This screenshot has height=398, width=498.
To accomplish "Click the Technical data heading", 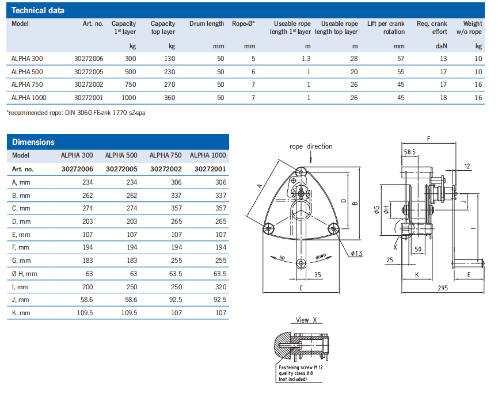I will tap(38, 10).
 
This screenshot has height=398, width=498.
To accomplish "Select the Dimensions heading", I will tap(33, 142).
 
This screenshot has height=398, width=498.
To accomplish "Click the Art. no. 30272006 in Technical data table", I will tap(89, 59).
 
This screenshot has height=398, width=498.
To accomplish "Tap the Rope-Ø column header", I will tap(244, 24).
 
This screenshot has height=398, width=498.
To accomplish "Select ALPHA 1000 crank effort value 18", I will tap(443, 98).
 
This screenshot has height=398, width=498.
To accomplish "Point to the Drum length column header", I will tap(207, 24).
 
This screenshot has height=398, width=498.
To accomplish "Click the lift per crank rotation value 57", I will tap(401, 59).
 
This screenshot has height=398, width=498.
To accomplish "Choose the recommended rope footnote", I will tap(76, 113).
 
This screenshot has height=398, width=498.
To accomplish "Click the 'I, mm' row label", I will tap(21, 286).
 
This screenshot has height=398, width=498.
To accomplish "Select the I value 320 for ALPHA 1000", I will tap(219, 286).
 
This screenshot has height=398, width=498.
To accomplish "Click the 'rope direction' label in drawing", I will tap(311, 147).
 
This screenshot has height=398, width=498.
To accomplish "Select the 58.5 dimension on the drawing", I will tap(410, 152).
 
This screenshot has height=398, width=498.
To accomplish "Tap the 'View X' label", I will tap(310, 320).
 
